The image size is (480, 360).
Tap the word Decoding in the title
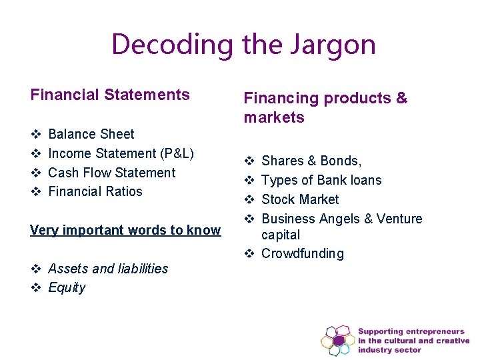click(x=172, y=45)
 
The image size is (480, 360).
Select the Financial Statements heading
click(x=110, y=95)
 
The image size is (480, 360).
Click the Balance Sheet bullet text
click(x=91, y=134)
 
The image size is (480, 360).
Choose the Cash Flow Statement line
click(x=112, y=173)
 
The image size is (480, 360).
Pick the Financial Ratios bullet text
click(x=95, y=191)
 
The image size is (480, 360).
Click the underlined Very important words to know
click(x=125, y=230)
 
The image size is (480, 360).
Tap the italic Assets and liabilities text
click(x=108, y=269)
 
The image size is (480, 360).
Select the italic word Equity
click(x=67, y=288)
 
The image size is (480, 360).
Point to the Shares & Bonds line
click(x=312, y=161)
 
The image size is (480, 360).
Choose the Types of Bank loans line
click(x=321, y=180)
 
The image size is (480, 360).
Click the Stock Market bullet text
click(x=300, y=199)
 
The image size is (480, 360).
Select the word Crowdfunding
click(x=303, y=253)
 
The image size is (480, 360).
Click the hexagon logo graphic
click(x=338, y=340)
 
